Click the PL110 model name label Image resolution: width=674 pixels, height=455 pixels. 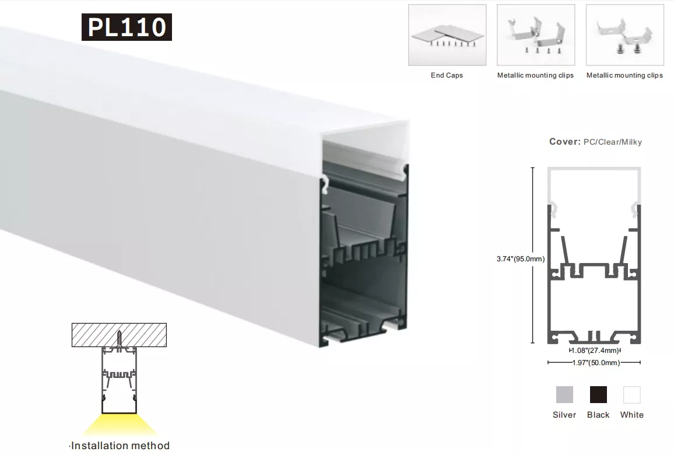(127, 27)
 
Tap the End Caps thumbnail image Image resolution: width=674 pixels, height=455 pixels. (447, 35)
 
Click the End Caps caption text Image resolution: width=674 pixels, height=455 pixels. (447, 75)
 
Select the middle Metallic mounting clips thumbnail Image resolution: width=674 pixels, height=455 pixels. (536, 35)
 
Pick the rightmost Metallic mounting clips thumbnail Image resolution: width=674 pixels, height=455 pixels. (624, 35)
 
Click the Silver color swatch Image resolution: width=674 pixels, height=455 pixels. (564, 395)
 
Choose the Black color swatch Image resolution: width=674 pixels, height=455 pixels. (598, 395)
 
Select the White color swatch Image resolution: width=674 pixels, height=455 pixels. (632, 395)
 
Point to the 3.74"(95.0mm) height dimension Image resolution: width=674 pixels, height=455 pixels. (521, 259)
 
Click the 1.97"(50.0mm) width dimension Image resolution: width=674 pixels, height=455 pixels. (596, 363)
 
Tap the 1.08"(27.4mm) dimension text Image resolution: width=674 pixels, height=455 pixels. (595, 351)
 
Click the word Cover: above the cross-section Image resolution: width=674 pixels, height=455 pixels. (565, 142)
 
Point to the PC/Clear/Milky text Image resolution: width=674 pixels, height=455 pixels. (613, 142)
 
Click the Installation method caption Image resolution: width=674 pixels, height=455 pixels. (120, 446)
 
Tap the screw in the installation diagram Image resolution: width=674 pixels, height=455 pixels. (120, 339)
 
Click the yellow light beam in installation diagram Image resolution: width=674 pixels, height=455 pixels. (120, 425)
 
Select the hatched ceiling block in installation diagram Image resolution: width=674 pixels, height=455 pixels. (119, 335)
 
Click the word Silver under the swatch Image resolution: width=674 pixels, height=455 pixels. (564, 415)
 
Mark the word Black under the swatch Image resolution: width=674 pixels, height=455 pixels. (598, 415)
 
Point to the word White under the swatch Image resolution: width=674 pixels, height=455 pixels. (632, 415)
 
